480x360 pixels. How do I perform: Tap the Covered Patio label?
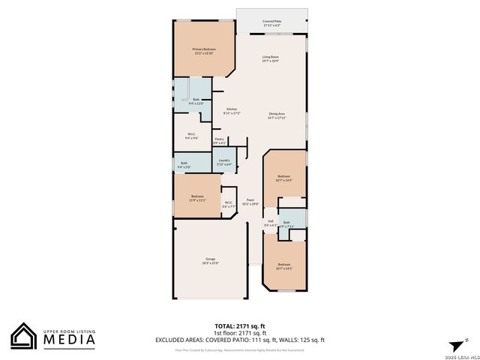[x=271, y=23]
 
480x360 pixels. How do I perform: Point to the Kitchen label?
[x=231, y=111]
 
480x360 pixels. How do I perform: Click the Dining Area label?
[x=277, y=115]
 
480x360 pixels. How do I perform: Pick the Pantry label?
[x=220, y=140]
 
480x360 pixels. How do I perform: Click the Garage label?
[x=211, y=262]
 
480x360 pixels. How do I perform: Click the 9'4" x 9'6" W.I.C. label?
[x=192, y=136]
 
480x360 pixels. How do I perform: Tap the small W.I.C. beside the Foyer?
[x=229, y=203]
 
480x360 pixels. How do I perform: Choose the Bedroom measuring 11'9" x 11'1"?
[x=197, y=198]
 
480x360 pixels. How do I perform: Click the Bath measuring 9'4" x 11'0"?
[x=196, y=101]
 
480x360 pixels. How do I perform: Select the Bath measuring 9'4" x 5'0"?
[x=184, y=164]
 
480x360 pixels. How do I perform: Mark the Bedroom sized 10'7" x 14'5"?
[x=283, y=178]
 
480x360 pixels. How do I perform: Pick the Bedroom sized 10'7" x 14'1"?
[x=283, y=266]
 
